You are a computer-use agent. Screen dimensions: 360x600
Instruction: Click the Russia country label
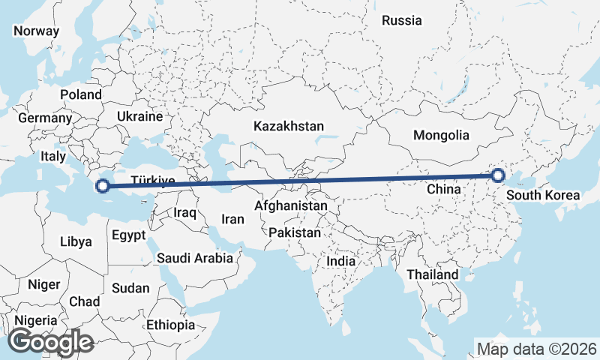click(401, 20)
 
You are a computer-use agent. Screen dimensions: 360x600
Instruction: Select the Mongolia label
click(441, 136)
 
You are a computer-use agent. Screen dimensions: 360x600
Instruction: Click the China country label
click(443, 190)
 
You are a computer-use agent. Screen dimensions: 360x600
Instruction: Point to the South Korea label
click(543, 196)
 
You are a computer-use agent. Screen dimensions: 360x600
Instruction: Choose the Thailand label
click(432, 274)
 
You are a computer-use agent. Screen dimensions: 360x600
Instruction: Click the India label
click(341, 262)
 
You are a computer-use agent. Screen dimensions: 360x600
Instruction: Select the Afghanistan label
click(291, 205)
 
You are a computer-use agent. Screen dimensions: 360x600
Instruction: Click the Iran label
click(232, 220)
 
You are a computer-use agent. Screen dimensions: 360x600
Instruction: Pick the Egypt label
click(128, 235)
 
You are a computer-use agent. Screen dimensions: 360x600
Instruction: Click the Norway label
click(36, 31)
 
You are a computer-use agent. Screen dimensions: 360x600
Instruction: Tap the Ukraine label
click(139, 117)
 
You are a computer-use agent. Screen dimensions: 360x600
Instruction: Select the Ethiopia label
click(170, 325)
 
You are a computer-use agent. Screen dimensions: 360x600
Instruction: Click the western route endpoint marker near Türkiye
click(104, 186)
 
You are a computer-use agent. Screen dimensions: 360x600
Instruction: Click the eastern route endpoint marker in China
click(498, 176)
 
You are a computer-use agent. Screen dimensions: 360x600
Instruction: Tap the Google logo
click(51, 342)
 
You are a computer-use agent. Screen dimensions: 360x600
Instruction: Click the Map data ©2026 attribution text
click(537, 349)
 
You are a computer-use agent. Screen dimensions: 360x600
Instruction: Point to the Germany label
click(45, 118)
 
